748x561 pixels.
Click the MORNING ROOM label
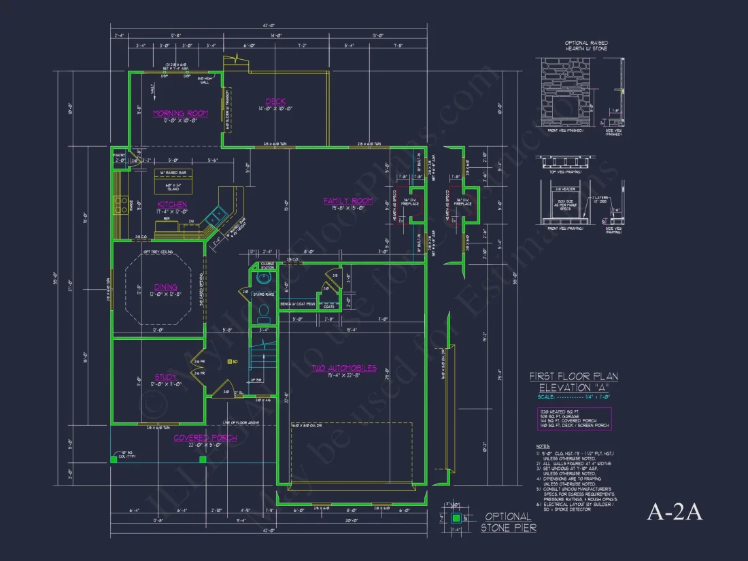(x=180, y=114)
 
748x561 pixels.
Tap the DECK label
(x=275, y=102)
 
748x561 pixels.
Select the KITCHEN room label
(x=172, y=204)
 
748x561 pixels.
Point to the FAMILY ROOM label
(x=347, y=201)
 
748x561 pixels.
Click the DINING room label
(x=166, y=287)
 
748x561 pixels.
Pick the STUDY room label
(x=165, y=377)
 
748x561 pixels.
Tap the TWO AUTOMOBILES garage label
(x=343, y=368)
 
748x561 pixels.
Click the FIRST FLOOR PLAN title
(x=573, y=377)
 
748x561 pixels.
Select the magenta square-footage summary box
(x=573, y=418)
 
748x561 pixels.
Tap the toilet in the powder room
(x=264, y=311)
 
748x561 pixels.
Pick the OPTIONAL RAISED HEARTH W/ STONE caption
(x=586, y=46)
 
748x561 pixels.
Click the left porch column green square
(x=114, y=460)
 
